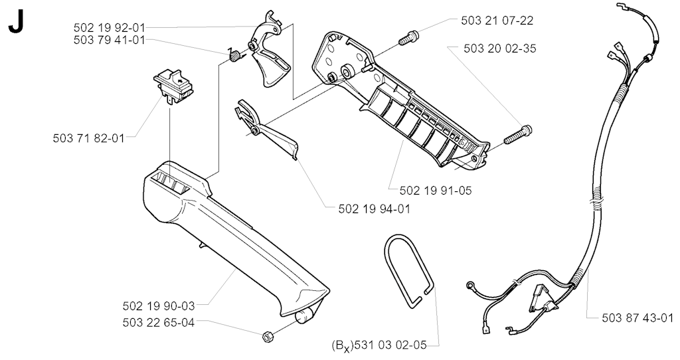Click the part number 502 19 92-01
(x=109, y=28)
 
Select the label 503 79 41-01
(x=109, y=41)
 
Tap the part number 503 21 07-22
(x=497, y=21)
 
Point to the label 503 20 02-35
(x=499, y=48)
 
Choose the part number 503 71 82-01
(x=88, y=138)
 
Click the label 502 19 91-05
(x=436, y=191)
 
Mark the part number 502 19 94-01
(x=374, y=209)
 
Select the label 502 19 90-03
(x=159, y=306)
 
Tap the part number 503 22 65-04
(x=159, y=323)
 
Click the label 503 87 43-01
(x=637, y=318)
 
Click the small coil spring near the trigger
(x=234, y=56)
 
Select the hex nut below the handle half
(x=268, y=337)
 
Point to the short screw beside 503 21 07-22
(x=408, y=38)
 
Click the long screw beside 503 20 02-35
(x=518, y=135)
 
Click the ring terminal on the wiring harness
(x=469, y=286)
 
